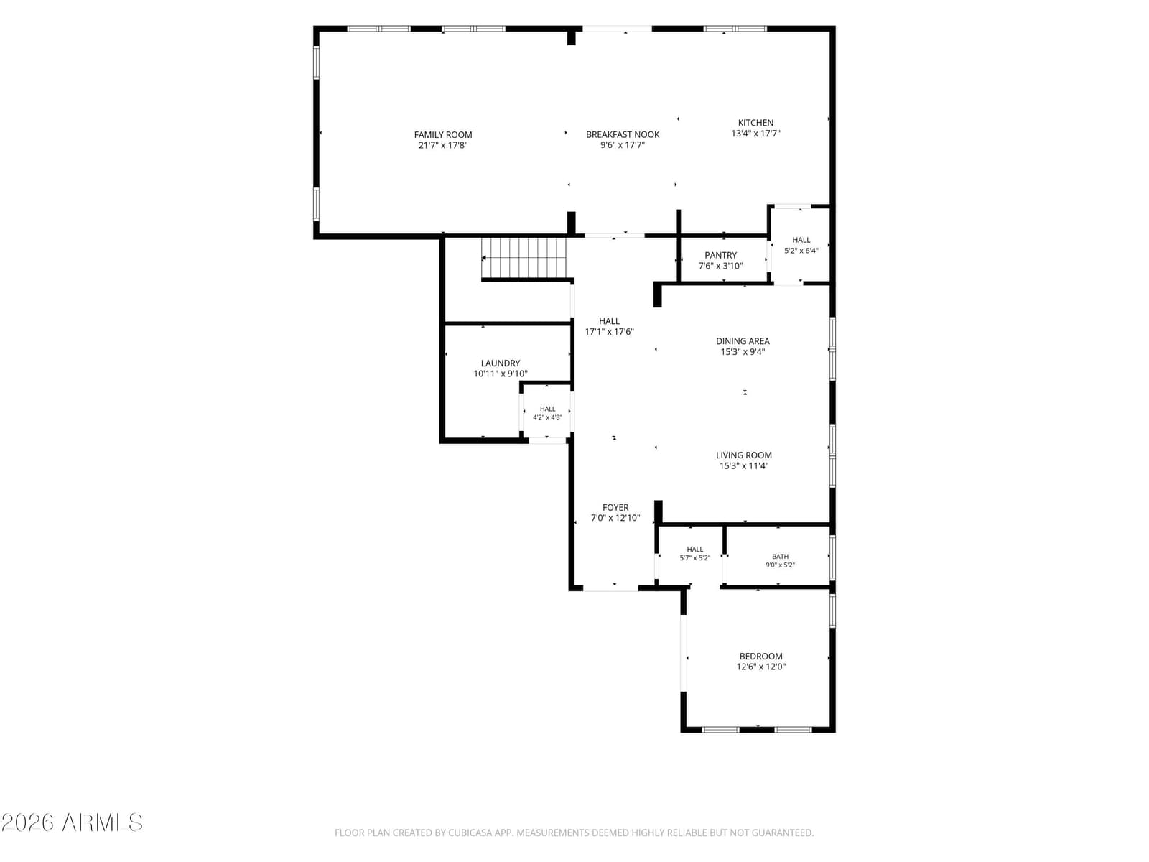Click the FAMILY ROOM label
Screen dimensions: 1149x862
tap(443, 134)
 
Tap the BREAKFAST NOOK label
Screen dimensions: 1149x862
tap(623, 134)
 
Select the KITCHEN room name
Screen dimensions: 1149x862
tap(755, 122)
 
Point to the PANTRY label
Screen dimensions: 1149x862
tap(720, 255)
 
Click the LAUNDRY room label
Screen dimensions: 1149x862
tap(501, 363)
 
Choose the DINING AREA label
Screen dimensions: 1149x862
tap(743, 340)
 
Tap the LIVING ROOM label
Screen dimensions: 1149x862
tap(744, 455)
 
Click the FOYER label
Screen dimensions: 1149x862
tap(615, 507)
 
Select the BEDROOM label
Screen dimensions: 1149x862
tap(760, 656)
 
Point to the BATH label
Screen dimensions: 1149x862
tap(780, 556)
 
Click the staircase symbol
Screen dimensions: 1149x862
tap(524, 257)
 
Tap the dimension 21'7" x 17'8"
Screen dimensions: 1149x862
tap(443, 145)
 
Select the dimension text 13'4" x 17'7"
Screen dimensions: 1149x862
tap(755, 134)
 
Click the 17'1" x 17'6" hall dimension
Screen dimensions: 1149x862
tap(609, 331)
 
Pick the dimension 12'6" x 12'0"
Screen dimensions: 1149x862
tap(760, 667)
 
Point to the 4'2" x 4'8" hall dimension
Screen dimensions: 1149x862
tap(547, 417)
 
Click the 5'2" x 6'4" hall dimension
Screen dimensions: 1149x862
tap(801, 251)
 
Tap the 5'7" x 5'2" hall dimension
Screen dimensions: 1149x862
tap(694, 558)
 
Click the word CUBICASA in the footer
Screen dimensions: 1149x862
tap(468, 832)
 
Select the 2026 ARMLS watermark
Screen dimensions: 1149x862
tap(72, 822)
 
